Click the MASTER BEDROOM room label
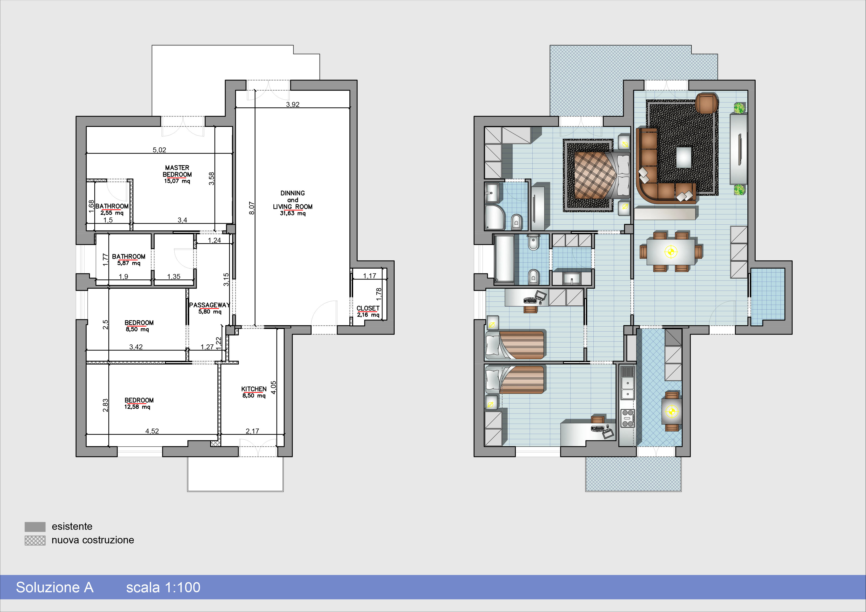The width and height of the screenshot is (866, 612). (x=177, y=171)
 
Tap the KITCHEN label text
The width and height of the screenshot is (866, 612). (x=254, y=389)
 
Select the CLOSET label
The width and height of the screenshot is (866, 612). (x=368, y=308)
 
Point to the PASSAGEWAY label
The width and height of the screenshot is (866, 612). (x=209, y=305)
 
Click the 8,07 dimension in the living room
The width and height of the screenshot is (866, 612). (x=252, y=208)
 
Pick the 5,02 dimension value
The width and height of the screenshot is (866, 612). (x=159, y=150)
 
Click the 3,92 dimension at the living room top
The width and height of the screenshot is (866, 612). (x=293, y=104)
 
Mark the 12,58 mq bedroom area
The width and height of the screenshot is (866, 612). (x=137, y=407)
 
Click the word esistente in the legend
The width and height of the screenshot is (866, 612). (x=72, y=526)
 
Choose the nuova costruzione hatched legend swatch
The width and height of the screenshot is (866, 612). (x=35, y=540)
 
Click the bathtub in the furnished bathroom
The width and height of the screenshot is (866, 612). (x=503, y=259)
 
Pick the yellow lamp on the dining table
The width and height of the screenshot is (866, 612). (x=671, y=252)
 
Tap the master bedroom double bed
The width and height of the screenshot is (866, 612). (x=602, y=175)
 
